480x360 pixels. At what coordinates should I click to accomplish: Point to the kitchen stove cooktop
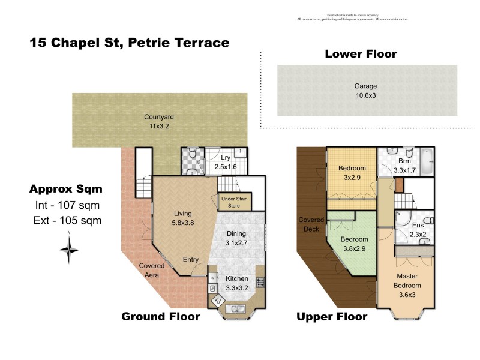pyautogui.click(x=260, y=282)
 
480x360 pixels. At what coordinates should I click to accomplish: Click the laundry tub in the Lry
pyautogui.click(x=241, y=152)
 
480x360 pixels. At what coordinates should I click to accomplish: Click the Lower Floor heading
pyautogui.click(x=361, y=54)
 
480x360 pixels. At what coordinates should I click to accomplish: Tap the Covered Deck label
pyautogui.click(x=311, y=224)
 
